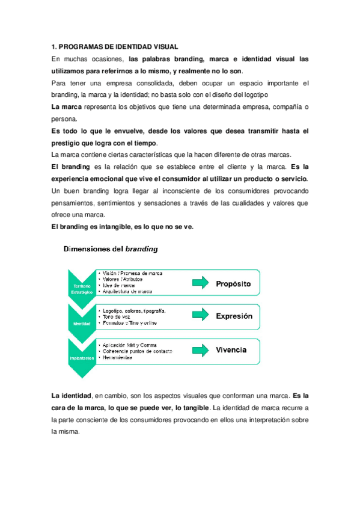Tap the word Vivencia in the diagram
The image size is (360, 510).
[x=231, y=349]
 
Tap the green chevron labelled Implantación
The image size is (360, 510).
[x=82, y=355]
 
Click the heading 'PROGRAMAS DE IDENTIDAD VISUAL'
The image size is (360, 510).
[x=118, y=47]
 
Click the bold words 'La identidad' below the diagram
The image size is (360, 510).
[x=71, y=396]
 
